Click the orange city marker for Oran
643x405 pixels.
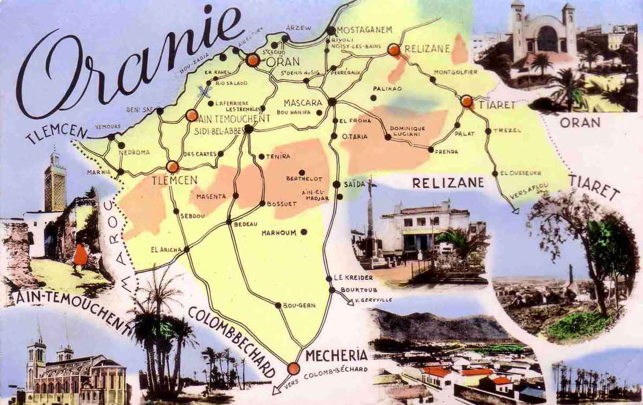click(253, 60)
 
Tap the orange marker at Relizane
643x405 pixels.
click(394, 50)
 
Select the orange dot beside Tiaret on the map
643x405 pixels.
click(467, 101)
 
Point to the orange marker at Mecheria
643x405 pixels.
click(293, 369)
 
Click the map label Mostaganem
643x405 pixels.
click(365, 30)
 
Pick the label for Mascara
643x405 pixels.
click(303, 102)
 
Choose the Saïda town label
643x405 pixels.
click(354, 184)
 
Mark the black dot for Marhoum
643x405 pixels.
click(304, 232)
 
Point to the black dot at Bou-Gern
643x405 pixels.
click(278, 305)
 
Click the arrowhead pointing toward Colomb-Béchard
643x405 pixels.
click(276, 390)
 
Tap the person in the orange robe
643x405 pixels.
click(80, 256)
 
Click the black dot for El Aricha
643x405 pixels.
click(186, 249)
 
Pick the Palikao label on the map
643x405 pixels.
click(387, 88)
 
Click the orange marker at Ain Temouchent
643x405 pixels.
click(191, 115)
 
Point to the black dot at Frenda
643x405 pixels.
click(431, 149)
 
